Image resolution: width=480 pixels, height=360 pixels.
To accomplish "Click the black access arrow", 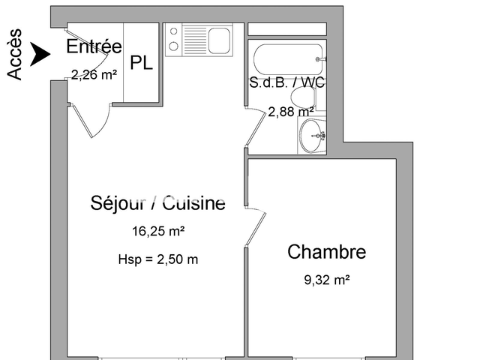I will (x=40, y=53).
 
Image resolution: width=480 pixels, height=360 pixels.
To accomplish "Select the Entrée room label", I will (x=94, y=46).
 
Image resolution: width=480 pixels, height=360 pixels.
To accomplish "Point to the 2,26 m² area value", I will (x=94, y=73).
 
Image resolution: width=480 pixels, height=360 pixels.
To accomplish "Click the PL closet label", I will (x=141, y=63).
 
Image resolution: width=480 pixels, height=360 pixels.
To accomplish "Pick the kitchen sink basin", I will (x=219, y=40).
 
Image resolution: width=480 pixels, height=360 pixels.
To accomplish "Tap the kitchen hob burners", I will (x=172, y=40).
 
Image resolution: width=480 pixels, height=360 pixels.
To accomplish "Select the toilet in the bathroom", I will (x=304, y=97).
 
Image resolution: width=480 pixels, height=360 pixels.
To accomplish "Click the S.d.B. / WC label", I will (x=287, y=82).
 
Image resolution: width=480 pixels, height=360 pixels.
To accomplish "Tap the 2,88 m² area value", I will (x=291, y=112).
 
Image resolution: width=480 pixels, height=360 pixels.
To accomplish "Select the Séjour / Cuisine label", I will (x=157, y=202).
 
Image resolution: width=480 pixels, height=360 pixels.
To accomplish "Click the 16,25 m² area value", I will (x=158, y=232).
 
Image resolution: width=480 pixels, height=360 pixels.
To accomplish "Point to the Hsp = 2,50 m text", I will (x=158, y=259).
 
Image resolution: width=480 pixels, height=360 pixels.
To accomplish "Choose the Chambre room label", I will (x=327, y=252).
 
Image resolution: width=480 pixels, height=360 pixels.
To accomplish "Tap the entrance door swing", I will (x=94, y=120).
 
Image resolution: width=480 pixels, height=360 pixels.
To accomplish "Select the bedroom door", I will (x=255, y=225).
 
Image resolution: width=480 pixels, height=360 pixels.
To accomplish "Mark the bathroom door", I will (x=255, y=127).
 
